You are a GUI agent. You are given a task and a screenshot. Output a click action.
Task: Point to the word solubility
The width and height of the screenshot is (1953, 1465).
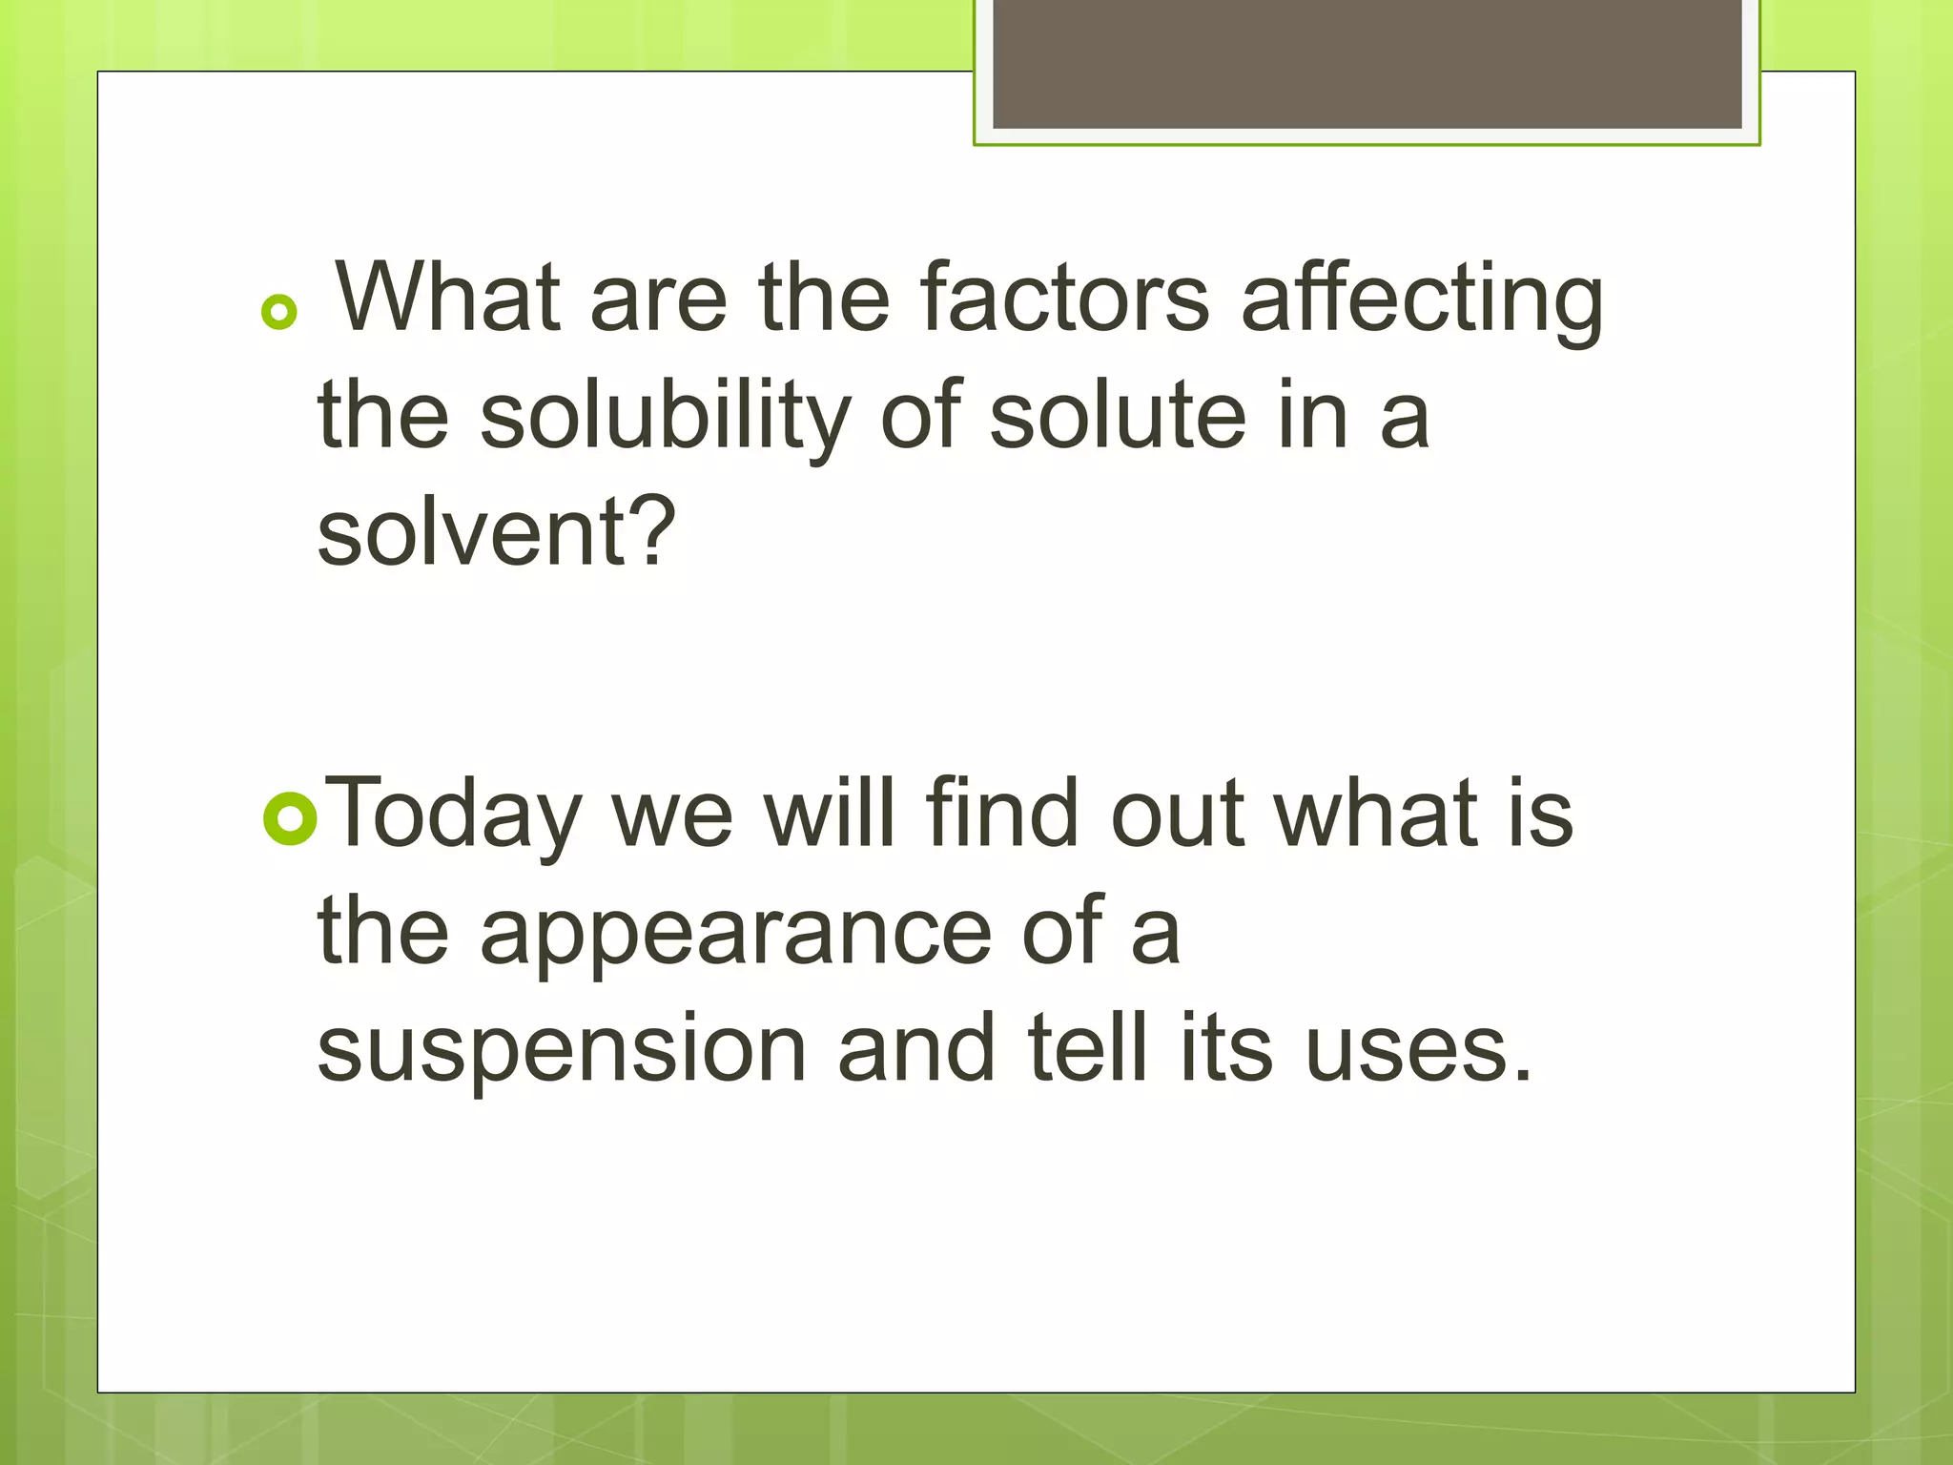coord(665,418)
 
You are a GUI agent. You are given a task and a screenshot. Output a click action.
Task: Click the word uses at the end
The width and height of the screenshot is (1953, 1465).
coord(1418,1049)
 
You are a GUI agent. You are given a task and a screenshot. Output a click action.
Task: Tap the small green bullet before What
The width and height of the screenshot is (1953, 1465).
coord(278,312)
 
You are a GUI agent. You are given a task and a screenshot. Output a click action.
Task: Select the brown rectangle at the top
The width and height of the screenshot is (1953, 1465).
coord(1367,63)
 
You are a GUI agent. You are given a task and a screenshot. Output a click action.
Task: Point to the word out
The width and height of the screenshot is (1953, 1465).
coord(1179,815)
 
